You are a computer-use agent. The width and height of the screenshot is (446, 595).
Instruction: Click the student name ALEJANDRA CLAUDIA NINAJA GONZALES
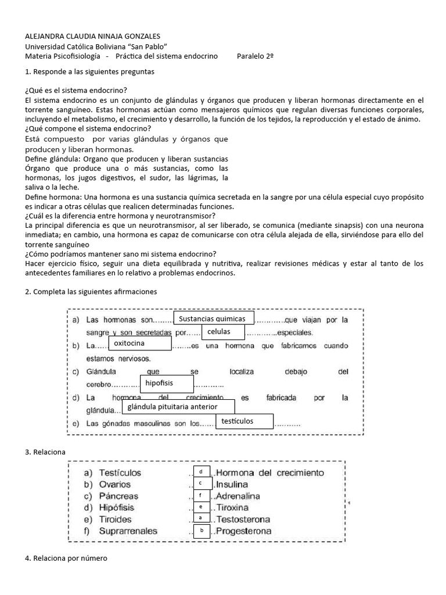point(93,36)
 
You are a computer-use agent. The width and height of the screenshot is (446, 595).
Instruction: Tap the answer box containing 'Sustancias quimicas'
point(213,319)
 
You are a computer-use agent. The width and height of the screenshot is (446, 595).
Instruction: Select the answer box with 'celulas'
point(223,332)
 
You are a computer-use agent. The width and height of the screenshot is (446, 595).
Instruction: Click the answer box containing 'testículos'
point(243,421)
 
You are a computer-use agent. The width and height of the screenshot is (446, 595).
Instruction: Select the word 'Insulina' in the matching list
point(232,485)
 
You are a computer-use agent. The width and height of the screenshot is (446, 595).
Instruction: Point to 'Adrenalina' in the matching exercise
point(238,496)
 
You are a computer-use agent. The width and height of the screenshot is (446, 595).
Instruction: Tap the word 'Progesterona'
point(243,531)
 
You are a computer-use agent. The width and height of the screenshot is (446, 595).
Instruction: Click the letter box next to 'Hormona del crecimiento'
point(200,472)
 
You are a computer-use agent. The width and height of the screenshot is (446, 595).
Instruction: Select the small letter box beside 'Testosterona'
point(200,518)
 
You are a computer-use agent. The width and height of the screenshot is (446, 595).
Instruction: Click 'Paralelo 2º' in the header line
point(256,56)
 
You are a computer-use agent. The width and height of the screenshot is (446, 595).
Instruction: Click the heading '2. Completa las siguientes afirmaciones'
point(91,291)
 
